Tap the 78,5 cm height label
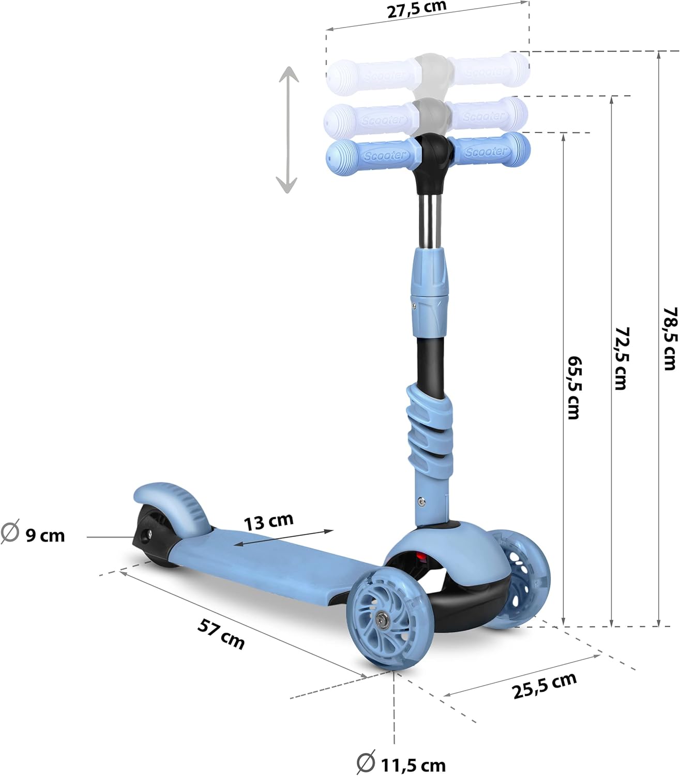pyautogui.click(x=670, y=338)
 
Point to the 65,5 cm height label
pyautogui.click(x=574, y=387)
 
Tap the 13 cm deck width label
pyautogui.click(x=269, y=521)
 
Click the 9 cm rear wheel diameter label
pyautogui.click(x=33, y=535)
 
